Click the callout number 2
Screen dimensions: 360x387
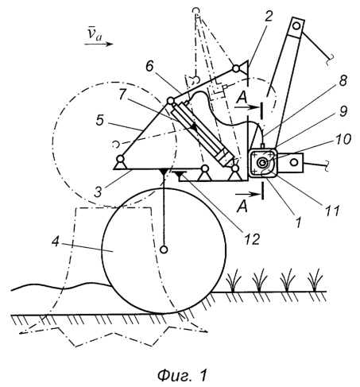268,17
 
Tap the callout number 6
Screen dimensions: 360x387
149,67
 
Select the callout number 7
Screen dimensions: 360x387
122,95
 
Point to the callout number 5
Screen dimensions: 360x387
99,120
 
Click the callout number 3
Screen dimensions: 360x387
98,192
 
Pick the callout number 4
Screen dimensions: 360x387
55,242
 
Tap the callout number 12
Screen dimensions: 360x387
252,239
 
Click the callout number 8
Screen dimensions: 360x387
343,80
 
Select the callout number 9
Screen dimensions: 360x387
343,111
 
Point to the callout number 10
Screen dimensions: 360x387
343,139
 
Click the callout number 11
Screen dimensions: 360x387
331,211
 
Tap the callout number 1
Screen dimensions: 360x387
298,222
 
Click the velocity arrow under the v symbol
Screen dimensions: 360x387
99,44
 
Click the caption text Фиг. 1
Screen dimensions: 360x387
182,375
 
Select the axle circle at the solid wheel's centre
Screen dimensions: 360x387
165,250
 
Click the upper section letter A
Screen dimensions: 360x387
242,99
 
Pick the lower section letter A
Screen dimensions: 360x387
242,207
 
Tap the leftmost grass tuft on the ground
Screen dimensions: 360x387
234,281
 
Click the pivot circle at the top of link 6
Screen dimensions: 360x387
236,68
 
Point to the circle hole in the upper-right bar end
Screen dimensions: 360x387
296,26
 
